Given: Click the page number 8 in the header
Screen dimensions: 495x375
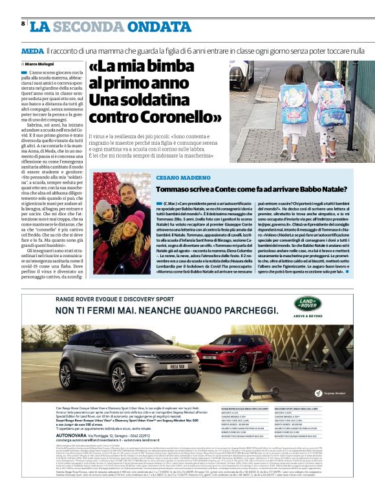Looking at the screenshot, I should click(x=23, y=24).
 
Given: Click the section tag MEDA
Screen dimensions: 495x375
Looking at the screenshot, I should click(x=32, y=50).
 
